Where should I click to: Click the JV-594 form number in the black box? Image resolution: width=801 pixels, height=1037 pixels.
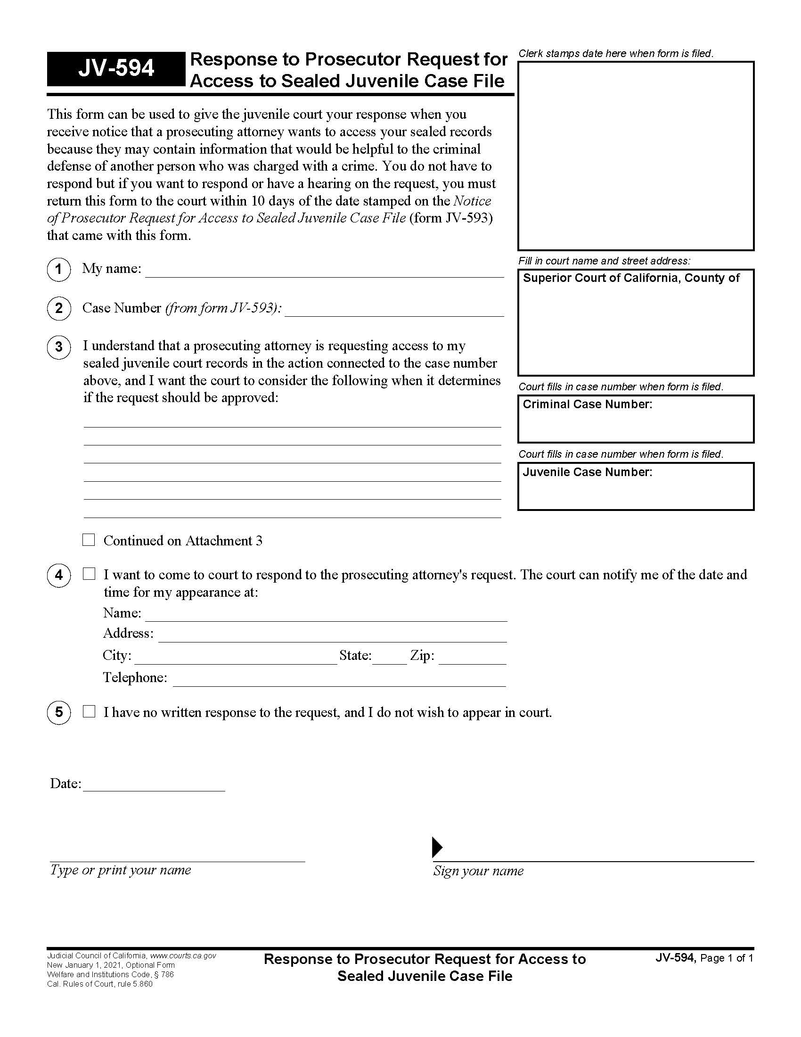click(x=116, y=69)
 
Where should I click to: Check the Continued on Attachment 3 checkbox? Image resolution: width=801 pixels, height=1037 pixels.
click(x=89, y=540)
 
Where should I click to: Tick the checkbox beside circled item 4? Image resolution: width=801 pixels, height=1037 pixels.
click(x=89, y=574)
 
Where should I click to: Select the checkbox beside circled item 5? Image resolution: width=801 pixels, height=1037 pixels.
click(x=89, y=711)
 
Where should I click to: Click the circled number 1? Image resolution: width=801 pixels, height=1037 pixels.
click(x=59, y=269)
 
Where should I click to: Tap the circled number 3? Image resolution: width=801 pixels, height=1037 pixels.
click(x=59, y=347)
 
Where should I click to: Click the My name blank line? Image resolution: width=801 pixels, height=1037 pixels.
click(x=324, y=271)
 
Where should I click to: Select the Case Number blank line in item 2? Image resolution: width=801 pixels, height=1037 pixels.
click(x=394, y=310)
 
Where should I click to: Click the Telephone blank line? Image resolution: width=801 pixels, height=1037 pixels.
click(x=339, y=680)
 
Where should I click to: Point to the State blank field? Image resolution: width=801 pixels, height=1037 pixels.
click(x=390, y=658)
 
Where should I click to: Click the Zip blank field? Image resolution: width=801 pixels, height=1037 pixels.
click(x=472, y=658)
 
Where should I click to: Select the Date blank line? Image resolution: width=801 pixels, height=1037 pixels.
click(x=153, y=785)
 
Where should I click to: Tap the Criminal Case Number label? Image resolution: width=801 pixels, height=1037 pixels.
click(x=587, y=404)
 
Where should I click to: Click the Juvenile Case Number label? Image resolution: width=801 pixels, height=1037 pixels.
click(x=587, y=472)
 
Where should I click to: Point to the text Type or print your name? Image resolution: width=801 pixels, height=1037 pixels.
click(x=121, y=870)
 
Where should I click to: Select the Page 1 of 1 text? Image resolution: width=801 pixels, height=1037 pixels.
click(x=727, y=958)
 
